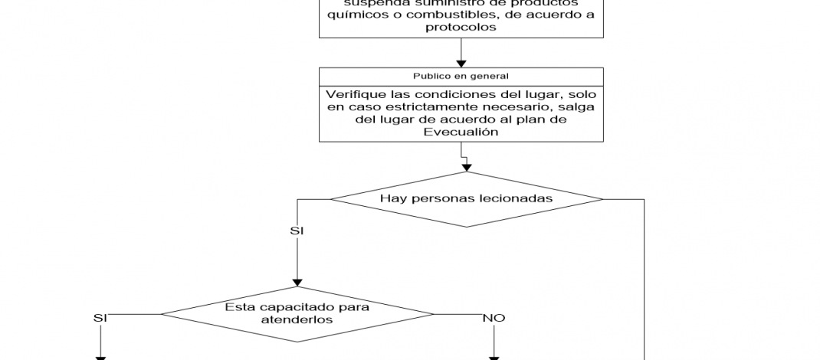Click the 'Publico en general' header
[461, 76]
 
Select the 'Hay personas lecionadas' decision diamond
[467, 199]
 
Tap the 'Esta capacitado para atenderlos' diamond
[297, 314]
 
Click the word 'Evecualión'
[461, 132]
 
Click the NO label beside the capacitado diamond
[494, 318]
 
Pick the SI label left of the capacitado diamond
[100, 318]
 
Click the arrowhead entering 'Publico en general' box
[461, 63]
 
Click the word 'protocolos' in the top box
[461, 27]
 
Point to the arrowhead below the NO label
[494, 355]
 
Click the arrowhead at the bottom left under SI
[100, 355]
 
